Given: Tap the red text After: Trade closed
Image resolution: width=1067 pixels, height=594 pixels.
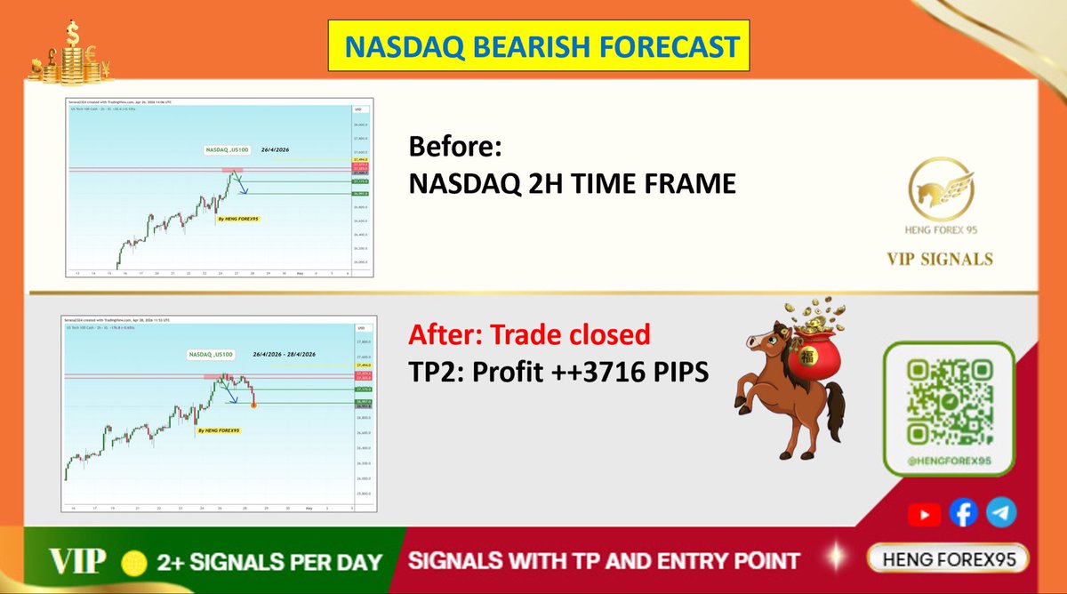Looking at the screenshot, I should (529, 335).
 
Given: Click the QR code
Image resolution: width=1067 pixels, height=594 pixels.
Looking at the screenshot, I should (948, 402).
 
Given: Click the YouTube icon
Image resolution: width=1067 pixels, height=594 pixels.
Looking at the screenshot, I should (924, 514).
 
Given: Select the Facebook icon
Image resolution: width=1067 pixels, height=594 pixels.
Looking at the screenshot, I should (964, 513).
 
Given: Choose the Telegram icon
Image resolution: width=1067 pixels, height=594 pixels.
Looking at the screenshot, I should (1002, 513).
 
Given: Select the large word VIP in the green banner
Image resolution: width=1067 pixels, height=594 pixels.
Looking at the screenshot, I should (77, 561).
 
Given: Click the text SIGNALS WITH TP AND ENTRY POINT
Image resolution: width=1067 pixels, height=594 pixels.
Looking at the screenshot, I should (604, 561).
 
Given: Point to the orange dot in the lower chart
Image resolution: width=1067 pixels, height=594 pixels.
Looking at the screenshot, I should (255, 405).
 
